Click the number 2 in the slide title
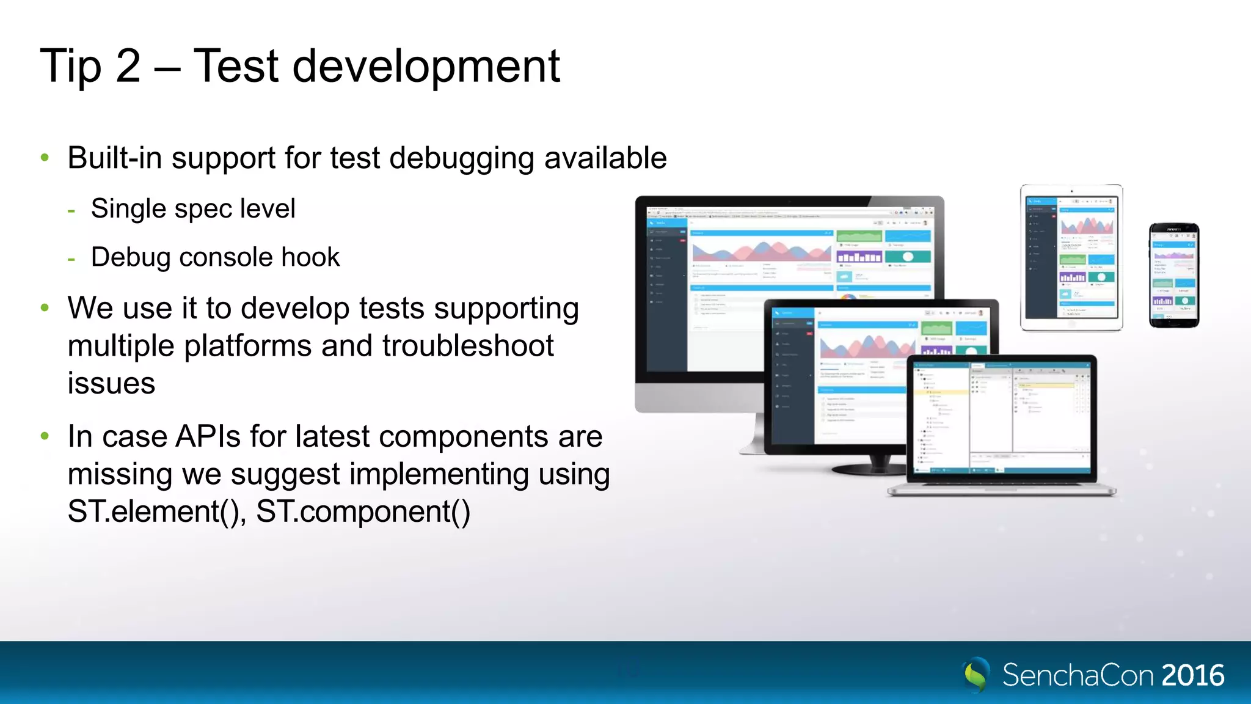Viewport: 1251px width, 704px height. (x=128, y=66)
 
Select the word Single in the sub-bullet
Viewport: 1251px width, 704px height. (x=129, y=209)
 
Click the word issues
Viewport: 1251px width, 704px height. (x=111, y=384)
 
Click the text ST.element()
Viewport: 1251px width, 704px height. (x=156, y=512)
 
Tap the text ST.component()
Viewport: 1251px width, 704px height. (x=363, y=512)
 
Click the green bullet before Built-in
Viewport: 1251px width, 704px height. (x=45, y=158)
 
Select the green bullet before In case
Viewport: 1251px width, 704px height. (x=45, y=436)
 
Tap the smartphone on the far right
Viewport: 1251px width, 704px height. (x=1173, y=275)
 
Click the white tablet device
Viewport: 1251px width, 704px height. (x=1071, y=257)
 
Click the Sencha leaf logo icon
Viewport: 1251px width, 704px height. (x=976, y=674)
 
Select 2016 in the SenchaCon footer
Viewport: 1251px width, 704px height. (x=1192, y=675)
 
